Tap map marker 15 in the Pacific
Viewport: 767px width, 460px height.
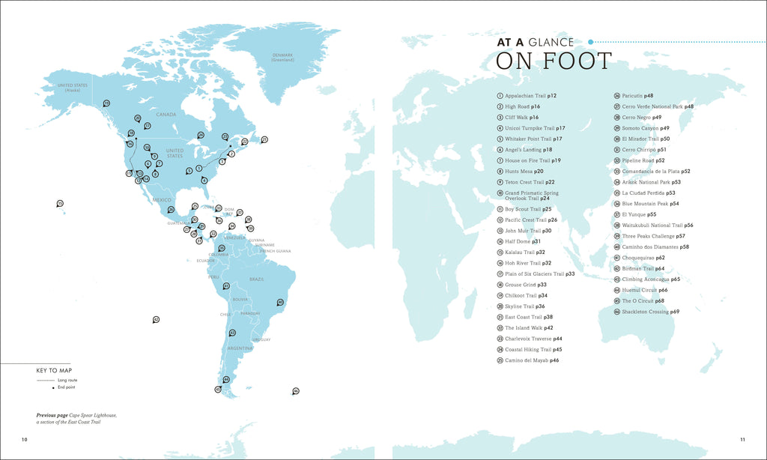pyautogui.click(x=60, y=202)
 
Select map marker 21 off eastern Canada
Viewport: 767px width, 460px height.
pyautogui.click(x=264, y=139)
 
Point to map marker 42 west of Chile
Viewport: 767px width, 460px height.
pyautogui.click(x=156, y=319)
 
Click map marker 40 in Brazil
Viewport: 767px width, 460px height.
pyautogui.click(x=280, y=302)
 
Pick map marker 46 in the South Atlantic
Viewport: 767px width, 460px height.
pyautogui.click(x=296, y=390)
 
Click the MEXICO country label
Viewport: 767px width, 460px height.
pyautogui.click(x=163, y=200)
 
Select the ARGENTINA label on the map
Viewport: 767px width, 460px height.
pyautogui.click(x=240, y=348)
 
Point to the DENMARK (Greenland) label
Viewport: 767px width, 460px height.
pyautogui.click(x=283, y=57)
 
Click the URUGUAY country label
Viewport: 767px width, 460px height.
pyautogui.click(x=261, y=340)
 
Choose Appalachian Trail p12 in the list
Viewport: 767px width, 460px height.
pyautogui.click(x=530, y=96)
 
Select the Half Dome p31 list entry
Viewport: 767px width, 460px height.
pyautogui.click(x=523, y=241)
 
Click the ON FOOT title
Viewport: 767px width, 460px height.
pyautogui.click(x=554, y=61)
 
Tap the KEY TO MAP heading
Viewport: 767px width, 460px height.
pyautogui.click(x=52, y=371)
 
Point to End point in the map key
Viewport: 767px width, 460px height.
pyautogui.click(x=67, y=387)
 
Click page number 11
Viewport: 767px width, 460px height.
pyautogui.click(x=742, y=439)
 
